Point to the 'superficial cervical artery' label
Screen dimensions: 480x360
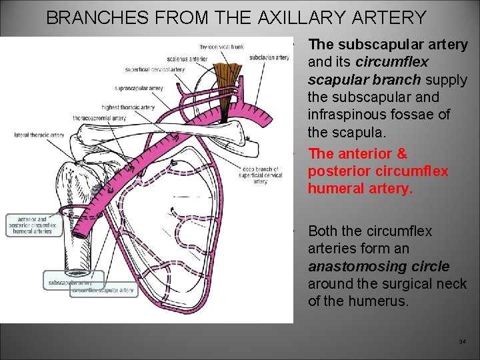(x=155, y=69)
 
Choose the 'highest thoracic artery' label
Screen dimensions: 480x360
(x=128, y=107)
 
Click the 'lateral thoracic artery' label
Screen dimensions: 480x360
(x=39, y=135)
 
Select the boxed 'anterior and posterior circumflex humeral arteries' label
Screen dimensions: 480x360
(x=33, y=225)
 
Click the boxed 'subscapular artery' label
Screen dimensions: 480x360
(x=69, y=283)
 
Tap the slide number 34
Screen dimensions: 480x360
(x=463, y=341)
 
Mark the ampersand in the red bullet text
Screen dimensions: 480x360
(x=401, y=154)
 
